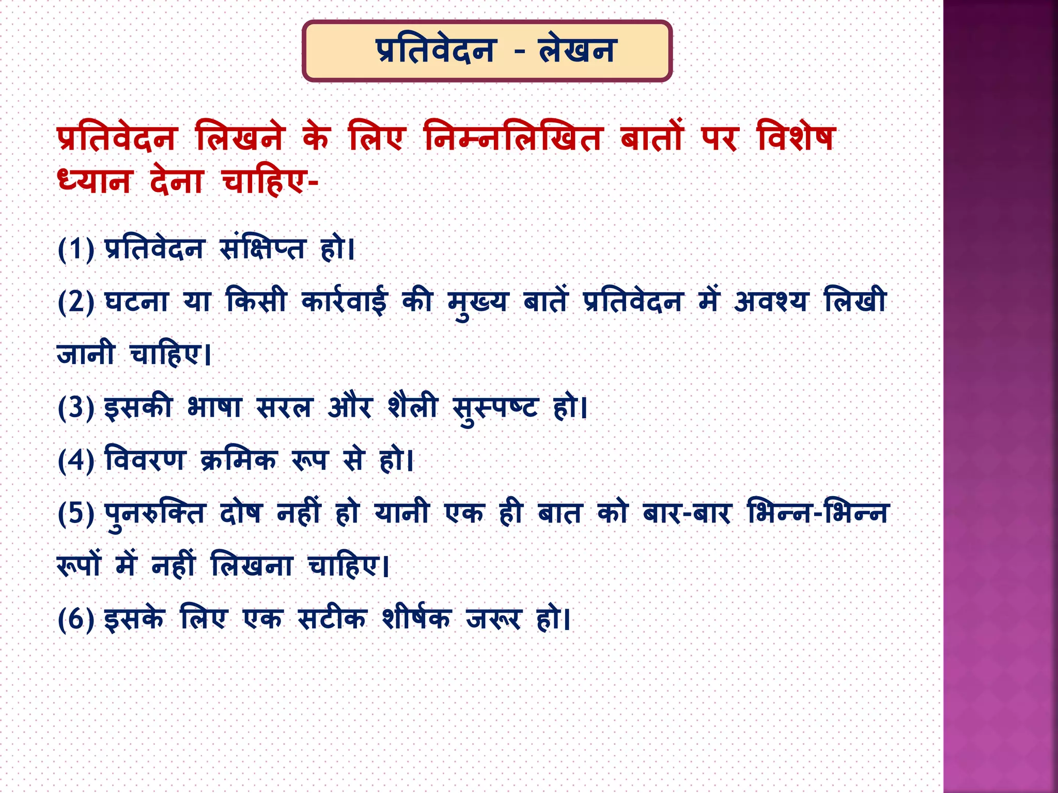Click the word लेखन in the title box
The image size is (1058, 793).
pyautogui.click(x=577, y=51)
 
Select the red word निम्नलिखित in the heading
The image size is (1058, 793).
pyautogui.click(x=513, y=137)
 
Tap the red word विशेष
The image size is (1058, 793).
pyautogui.click(x=796, y=137)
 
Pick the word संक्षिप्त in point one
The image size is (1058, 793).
pyautogui.click(x=262, y=249)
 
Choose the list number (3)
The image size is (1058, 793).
pyautogui.click(x=76, y=407)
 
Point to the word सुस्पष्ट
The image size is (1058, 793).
pyautogui.click(x=495, y=407)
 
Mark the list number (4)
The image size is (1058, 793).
pyautogui.click(x=76, y=460)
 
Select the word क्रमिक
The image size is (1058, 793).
pyautogui.click(x=239, y=460)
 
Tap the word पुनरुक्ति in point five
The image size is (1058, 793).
pyautogui.click(x=155, y=514)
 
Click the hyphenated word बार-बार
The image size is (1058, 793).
pyautogui.click(x=687, y=514)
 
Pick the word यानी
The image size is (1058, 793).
pyautogui.click(x=401, y=514)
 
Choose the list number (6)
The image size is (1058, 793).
pyautogui.click(x=76, y=619)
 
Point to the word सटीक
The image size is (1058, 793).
pyautogui.click(x=332, y=619)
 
